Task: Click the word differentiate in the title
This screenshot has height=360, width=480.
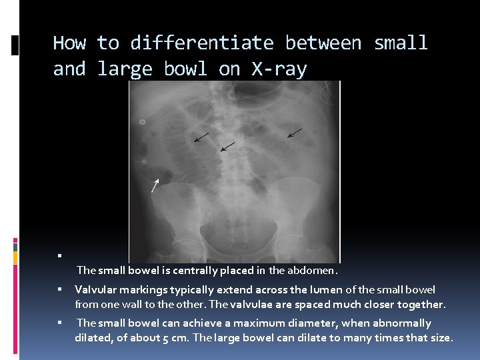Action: pos(201,43)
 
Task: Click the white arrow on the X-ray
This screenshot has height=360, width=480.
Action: pos(155,185)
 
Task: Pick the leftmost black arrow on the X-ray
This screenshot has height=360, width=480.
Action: pos(201,137)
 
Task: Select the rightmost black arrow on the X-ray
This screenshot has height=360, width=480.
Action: pos(294,133)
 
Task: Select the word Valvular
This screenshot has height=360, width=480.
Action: pos(97,289)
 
